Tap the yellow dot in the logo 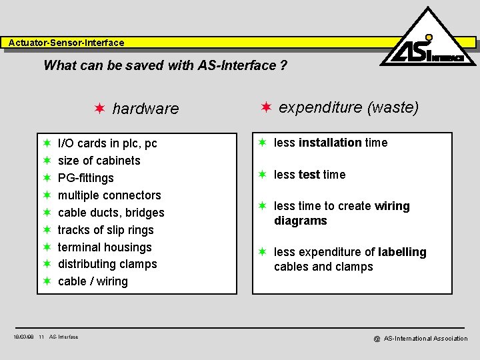coord(429,37)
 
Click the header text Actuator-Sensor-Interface coord(66,43)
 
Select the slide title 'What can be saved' coord(165,65)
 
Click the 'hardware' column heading coord(145,109)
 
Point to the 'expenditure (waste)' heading coord(348,107)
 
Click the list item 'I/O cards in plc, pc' coord(107,143)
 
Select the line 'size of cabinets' coord(99,161)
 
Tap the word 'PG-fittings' coord(86,178)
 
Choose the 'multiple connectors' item coord(109,195)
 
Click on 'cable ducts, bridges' coord(111,213)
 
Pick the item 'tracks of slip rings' coord(105,230)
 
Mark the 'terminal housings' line coord(105,247)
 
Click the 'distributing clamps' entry coord(107,264)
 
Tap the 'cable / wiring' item coord(93,281)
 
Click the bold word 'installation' coord(330,143)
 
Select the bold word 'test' coord(309,175)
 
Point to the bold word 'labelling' coord(402,252)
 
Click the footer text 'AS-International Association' coord(425,339)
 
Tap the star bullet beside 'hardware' coord(99,108)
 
